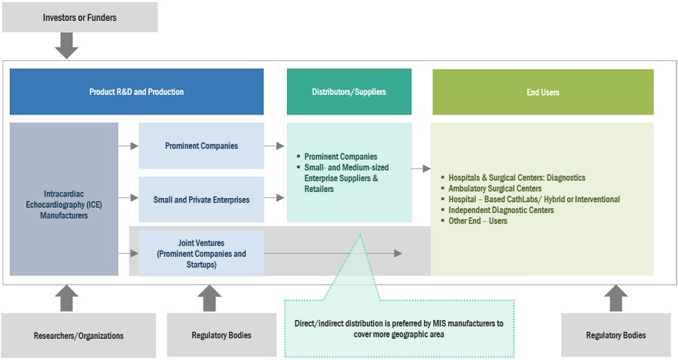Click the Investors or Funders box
80,17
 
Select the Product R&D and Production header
136,92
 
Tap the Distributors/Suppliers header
349,92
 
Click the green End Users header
542,92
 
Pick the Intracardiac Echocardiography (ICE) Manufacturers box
64,199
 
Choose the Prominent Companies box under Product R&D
201,145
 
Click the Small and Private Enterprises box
201,200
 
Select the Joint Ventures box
201,254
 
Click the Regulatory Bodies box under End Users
615,335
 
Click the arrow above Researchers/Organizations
67,298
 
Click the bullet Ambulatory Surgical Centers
494,188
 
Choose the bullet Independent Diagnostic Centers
501,210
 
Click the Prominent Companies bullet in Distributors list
341,157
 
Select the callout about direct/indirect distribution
399,328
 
